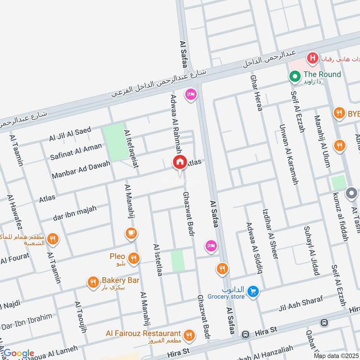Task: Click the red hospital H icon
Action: coord(311,58)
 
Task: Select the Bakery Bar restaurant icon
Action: coord(93,282)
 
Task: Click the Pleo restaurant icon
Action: coord(133,258)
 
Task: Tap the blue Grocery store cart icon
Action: coord(253,292)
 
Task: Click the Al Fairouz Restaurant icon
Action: coord(189,335)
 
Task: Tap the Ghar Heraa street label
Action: coord(256,88)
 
